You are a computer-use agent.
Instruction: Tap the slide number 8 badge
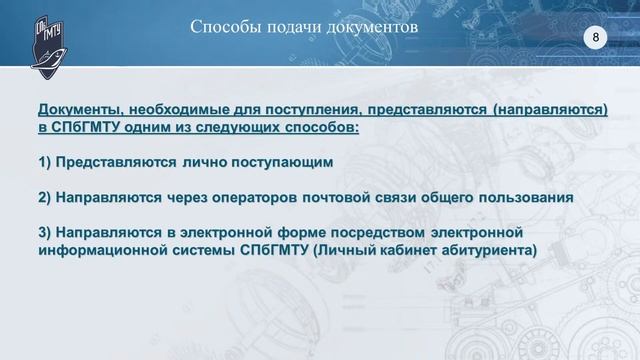click(x=596, y=37)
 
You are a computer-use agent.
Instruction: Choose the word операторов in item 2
click(x=254, y=197)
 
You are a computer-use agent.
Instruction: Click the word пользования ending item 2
click(x=523, y=197)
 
